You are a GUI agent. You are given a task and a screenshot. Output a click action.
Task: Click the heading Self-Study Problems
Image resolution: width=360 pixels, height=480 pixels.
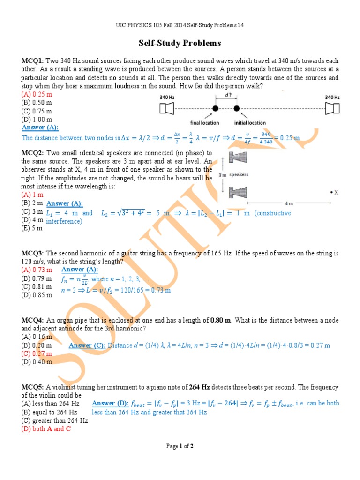coord(180,44)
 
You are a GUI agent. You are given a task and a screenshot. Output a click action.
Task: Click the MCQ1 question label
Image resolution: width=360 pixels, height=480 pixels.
coord(32,61)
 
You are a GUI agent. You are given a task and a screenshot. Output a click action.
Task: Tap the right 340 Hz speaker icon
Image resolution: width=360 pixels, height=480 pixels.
coord(332,109)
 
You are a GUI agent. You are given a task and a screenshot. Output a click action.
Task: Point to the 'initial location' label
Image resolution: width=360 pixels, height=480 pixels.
coord(250,123)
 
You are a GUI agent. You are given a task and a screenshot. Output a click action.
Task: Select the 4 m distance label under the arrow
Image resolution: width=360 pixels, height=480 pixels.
coord(291,203)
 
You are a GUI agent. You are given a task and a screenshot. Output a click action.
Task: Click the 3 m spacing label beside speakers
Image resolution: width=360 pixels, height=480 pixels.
coord(224,174)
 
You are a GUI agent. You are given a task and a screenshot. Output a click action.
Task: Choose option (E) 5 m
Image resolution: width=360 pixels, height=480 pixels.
coord(32,228)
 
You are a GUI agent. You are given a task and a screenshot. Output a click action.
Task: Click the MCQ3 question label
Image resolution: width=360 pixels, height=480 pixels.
coord(32,253)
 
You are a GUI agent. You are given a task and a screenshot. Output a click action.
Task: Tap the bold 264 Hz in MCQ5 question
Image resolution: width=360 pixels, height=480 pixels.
coord(199,387)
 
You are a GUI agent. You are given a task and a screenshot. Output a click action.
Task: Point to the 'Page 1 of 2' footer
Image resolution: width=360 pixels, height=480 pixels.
coord(180,446)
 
